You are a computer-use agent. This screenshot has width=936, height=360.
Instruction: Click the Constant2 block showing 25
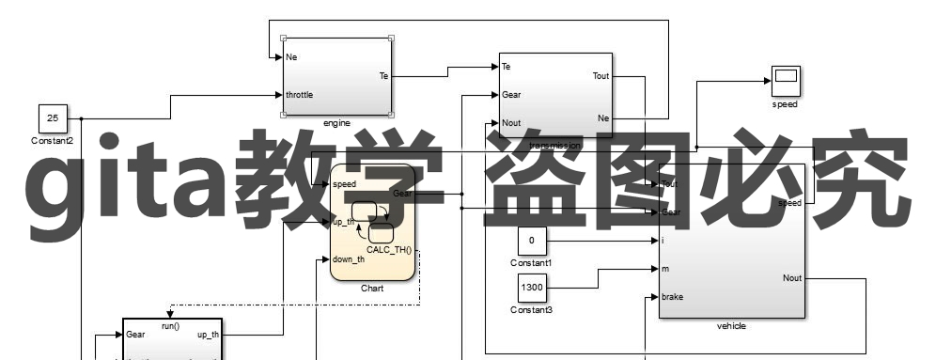click(53, 118)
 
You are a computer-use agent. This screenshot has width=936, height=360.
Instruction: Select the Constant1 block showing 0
click(531, 241)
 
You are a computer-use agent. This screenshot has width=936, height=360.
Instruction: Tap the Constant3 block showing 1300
click(531, 286)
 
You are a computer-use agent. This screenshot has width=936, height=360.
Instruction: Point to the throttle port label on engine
click(300, 95)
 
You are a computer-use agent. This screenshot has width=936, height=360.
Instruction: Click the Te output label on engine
click(383, 75)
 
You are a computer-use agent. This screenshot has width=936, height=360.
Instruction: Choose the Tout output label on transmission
click(601, 75)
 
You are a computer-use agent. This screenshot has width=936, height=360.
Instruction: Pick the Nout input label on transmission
click(512, 123)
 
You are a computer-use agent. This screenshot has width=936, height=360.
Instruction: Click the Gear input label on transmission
click(512, 95)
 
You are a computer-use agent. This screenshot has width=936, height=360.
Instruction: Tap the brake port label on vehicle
click(673, 297)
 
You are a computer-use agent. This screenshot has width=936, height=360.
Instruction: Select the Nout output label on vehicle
click(791, 278)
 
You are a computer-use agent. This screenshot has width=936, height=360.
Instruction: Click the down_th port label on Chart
click(349, 259)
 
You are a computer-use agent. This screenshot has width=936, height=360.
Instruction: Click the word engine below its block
click(336, 123)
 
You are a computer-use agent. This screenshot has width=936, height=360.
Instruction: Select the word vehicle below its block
click(731, 325)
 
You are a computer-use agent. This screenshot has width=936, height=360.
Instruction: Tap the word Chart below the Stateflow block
click(372, 288)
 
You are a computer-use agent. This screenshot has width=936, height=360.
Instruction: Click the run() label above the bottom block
click(170, 325)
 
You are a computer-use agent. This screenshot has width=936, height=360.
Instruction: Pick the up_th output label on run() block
click(208, 335)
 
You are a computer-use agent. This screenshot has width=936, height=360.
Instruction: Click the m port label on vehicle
click(666, 269)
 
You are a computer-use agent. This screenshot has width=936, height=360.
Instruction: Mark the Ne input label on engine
click(292, 57)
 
